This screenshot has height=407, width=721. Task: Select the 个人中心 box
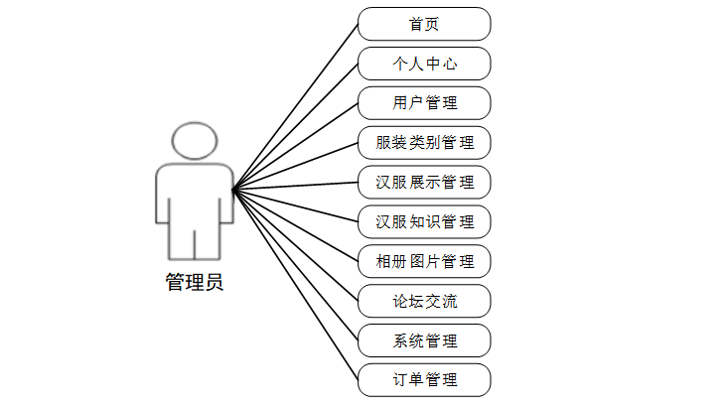(x=424, y=64)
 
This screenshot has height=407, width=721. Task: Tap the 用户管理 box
(x=424, y=102)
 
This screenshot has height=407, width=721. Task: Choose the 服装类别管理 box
(x=424, y=142)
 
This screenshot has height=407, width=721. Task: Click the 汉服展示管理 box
(x=424, y=182)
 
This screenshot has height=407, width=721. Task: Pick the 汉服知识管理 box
(x=424, y=221)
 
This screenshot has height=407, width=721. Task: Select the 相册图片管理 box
(x=424, y=261)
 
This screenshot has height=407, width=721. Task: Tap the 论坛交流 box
(x=424, y=300)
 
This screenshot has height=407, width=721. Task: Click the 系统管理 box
(x=424, y=339)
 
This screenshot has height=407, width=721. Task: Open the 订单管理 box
(x=424, y=379)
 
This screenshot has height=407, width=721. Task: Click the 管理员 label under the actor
(x=195, y=283)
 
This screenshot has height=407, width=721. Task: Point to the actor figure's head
(x=195, y=141)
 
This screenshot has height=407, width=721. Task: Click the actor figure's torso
(x=195, y=199)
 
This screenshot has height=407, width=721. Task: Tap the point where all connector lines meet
(x=232, y=190)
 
